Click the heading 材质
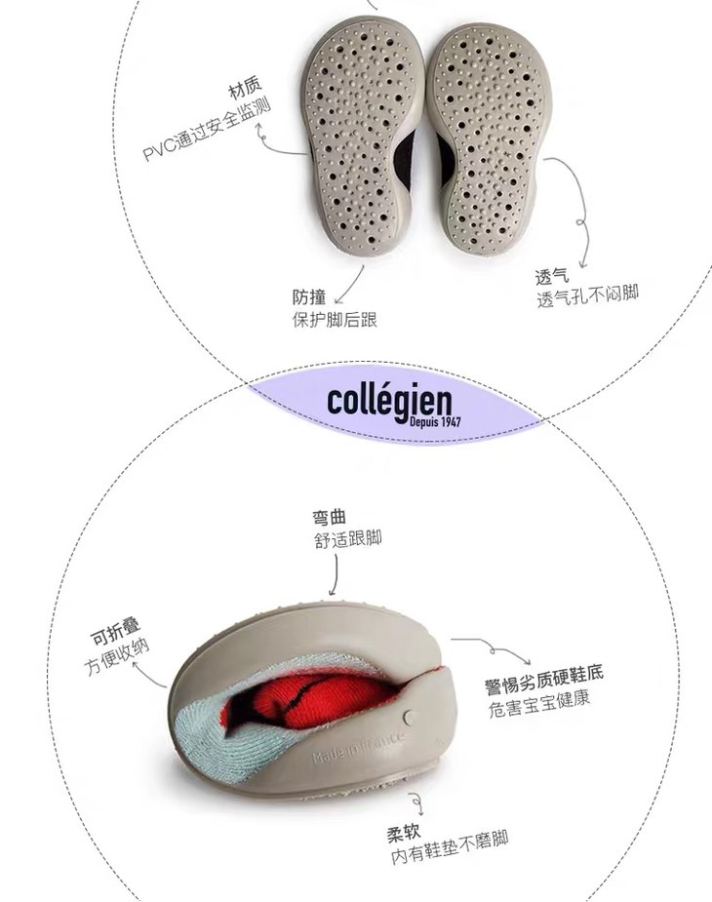point(245,95)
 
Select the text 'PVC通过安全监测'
point(207,129)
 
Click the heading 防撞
point(309,297)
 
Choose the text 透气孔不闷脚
point(587,296)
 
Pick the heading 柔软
point(405,835)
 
